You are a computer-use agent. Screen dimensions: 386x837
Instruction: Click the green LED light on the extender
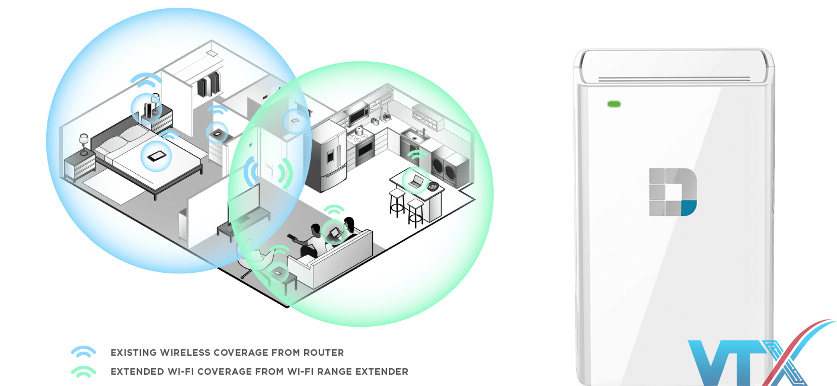click(614, 104)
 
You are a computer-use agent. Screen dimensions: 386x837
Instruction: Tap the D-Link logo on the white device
click(673, 192)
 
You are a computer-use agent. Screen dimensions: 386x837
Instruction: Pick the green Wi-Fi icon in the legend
click(84, 372)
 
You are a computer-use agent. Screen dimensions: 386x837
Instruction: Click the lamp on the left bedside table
click(84, 143)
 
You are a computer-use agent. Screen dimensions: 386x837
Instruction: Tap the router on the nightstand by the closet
click(146, 109)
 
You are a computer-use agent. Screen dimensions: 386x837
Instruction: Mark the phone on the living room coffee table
click(278, 272)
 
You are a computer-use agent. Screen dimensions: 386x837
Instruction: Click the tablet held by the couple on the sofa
click(334, 231)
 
